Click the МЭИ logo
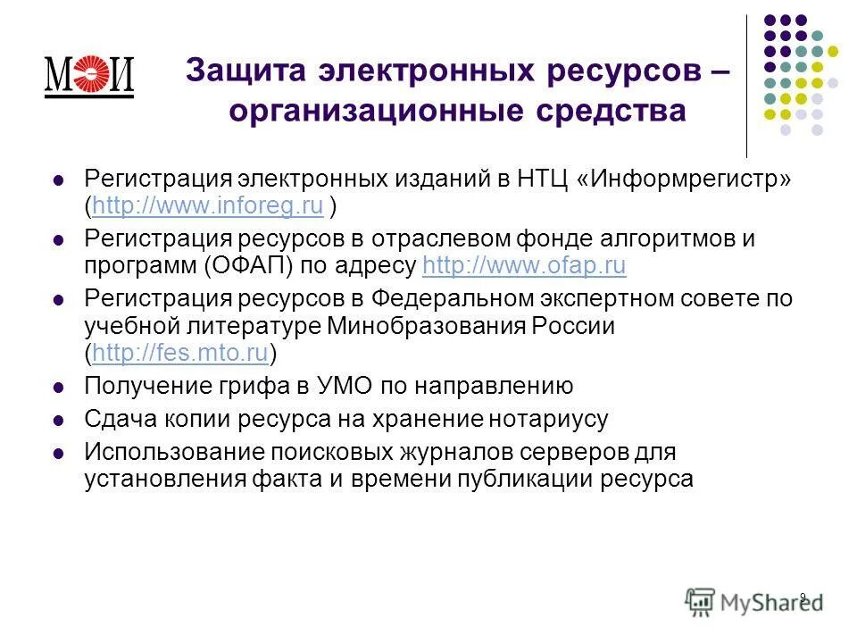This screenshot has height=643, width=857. [88, 76]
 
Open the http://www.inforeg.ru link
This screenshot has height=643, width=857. [207, 207]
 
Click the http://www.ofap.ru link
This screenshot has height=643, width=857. [524, 266]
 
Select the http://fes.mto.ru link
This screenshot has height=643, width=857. [180, 354]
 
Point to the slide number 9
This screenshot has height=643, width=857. [803, 597]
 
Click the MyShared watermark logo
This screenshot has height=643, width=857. [754, 601]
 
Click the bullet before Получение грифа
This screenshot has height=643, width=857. [59, 388]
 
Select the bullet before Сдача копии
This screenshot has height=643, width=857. [59, 419]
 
